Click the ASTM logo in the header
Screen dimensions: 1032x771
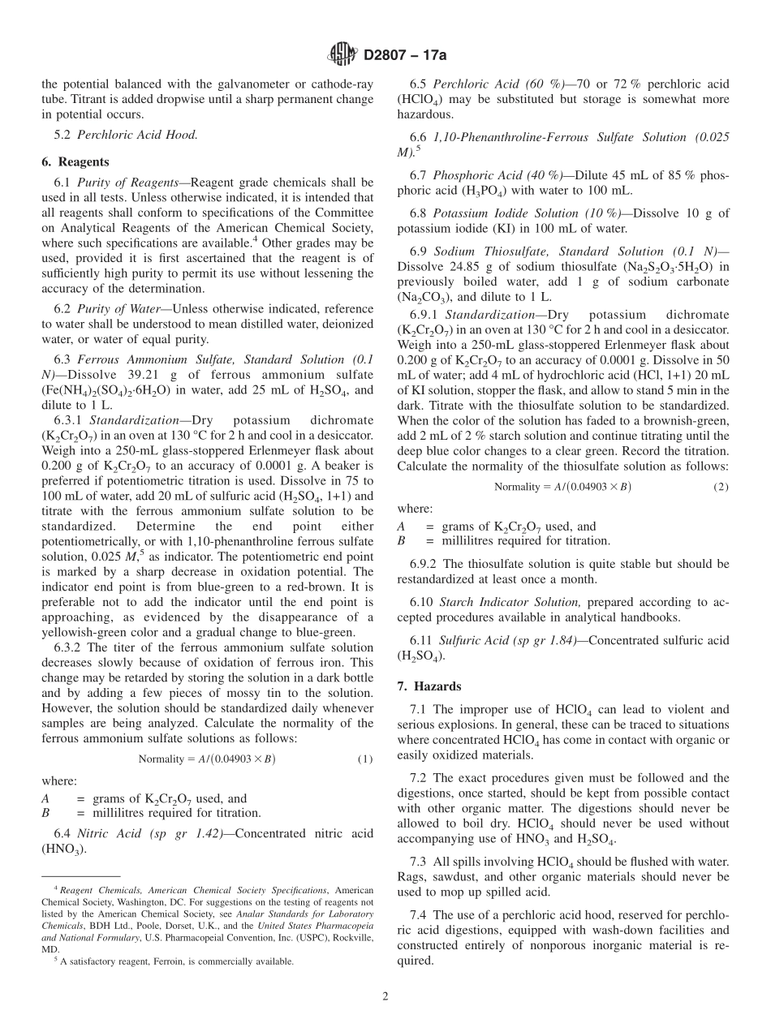click(x=342, y=54)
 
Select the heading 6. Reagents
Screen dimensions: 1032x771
click(x=75, y=161)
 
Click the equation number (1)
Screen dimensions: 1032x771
click(x=364, y=759)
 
